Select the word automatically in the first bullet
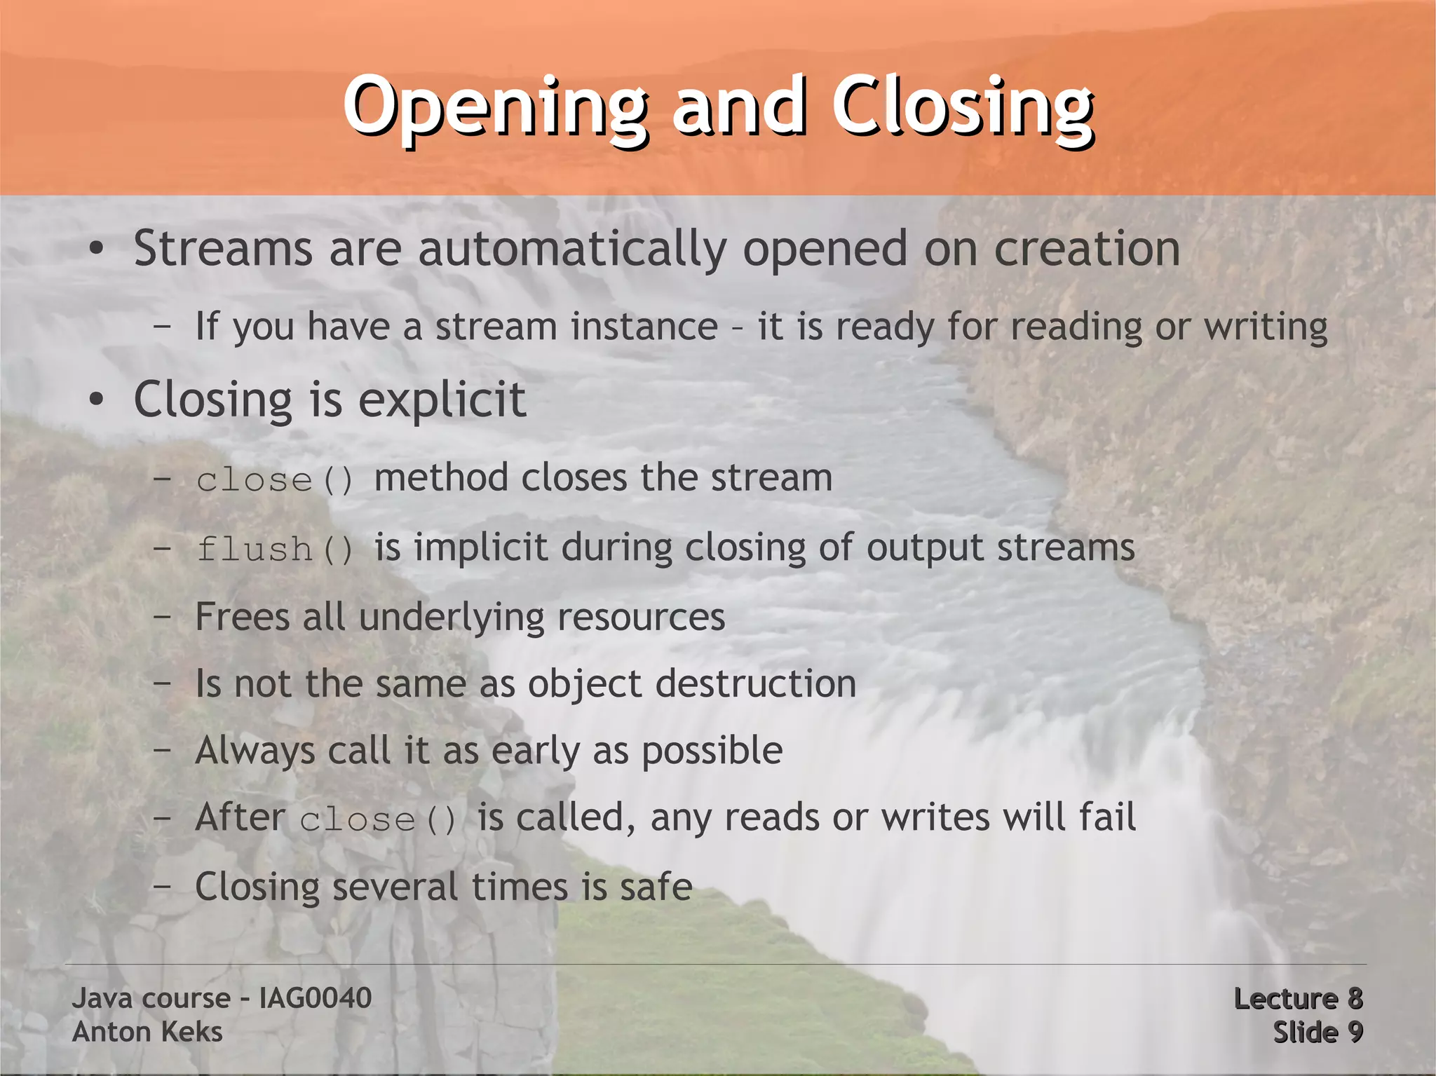click(x=572, y=250)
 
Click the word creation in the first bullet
click(x=1087, y=249)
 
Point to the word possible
click(x=712, y=751)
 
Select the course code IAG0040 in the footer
click(x=315, y=998)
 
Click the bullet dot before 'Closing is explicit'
click(x=97, y=400)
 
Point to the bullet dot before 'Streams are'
click(x=97, y=250)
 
